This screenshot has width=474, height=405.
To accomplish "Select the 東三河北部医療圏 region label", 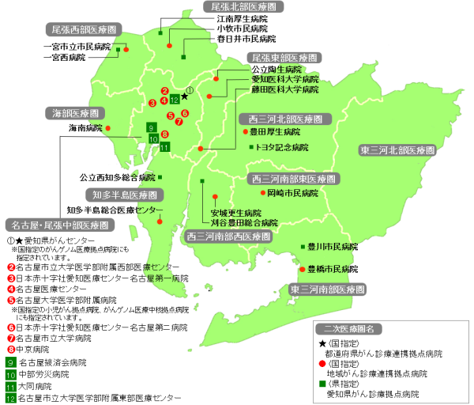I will click(398, 149).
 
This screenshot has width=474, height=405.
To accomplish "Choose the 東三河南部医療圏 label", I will click(324, 290).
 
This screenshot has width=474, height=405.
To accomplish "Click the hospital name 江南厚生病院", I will click(242, 17).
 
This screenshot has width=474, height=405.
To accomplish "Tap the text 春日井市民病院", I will click(246, 38).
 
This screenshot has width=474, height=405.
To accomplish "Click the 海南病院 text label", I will click(86, 128).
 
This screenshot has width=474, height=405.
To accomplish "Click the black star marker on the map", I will click(184, 96).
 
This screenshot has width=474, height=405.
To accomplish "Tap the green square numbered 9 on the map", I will click(151, 127).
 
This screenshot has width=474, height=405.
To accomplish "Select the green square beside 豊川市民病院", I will click(303, 248).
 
